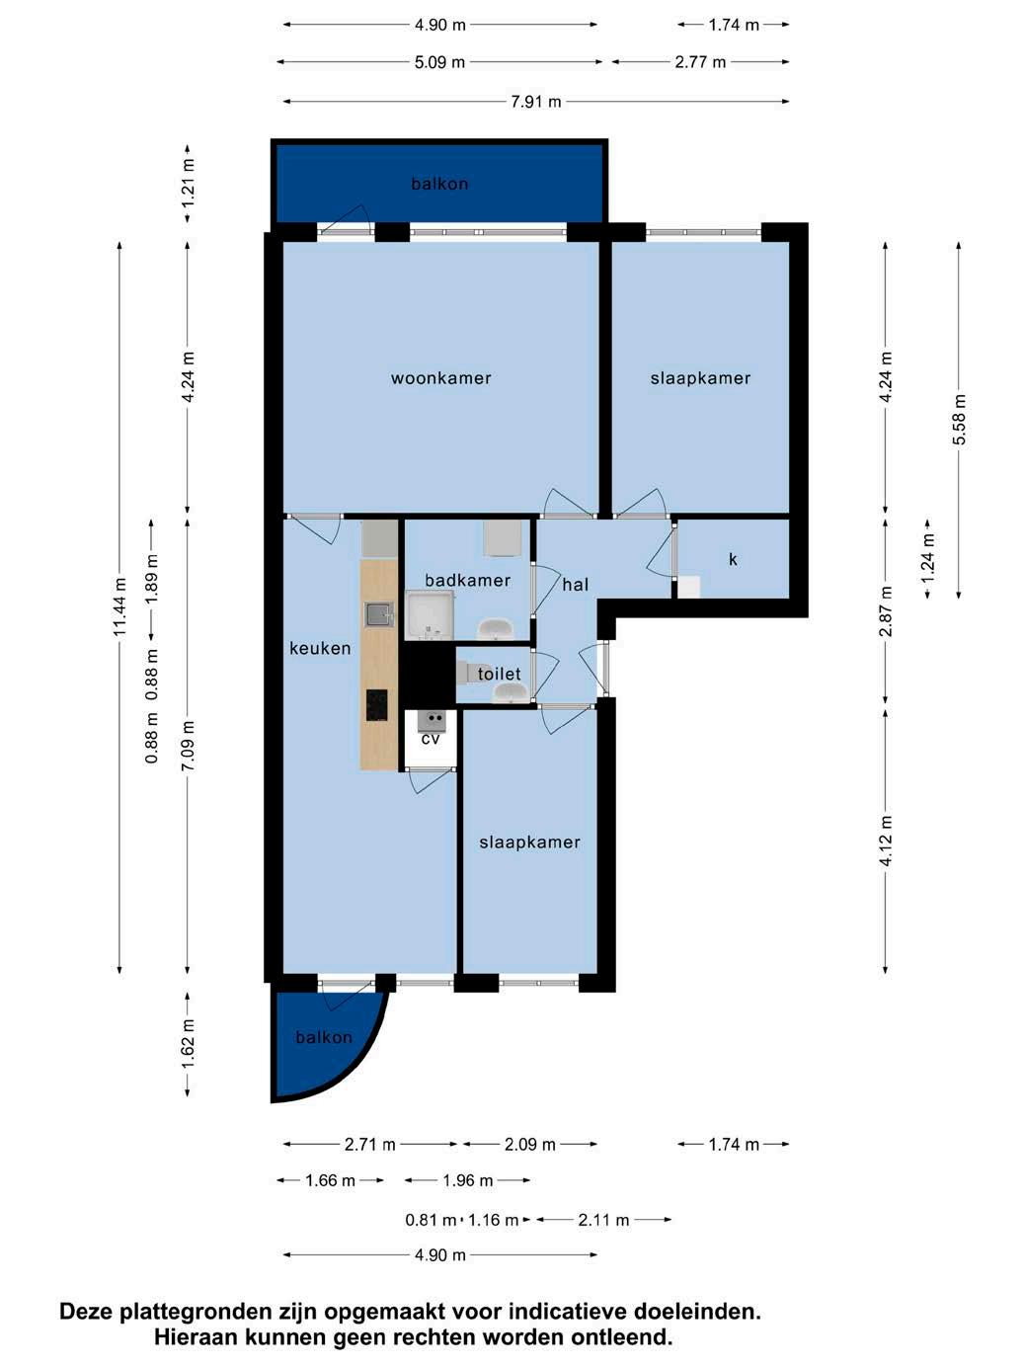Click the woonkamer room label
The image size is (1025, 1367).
tap(440, 378)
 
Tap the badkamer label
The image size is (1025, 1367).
tap(467, 580)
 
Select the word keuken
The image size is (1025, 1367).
tap(320, 648)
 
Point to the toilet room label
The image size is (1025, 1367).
tap(499, 674)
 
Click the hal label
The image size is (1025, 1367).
tap(575, 584)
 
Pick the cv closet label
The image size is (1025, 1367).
tap(430, 739)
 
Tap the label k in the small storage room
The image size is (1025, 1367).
tap(733, 559)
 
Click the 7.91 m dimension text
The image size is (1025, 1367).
tap(536, 102)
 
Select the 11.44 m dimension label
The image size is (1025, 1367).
tap(119, 606)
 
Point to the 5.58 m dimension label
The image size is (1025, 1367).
tap(959, 420)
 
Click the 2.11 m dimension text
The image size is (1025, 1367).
tap(603, 1220)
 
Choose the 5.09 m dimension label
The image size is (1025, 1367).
tap(439, 62)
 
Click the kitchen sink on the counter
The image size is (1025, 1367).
tap(379, 614)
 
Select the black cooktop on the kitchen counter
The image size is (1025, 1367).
tap(376, 705)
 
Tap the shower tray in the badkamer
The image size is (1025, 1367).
tap(430, 615)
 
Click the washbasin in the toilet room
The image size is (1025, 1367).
tap(512, 692)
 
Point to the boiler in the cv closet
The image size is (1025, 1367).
tap(432, 721)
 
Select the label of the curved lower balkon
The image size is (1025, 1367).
tap(324, 1037)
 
